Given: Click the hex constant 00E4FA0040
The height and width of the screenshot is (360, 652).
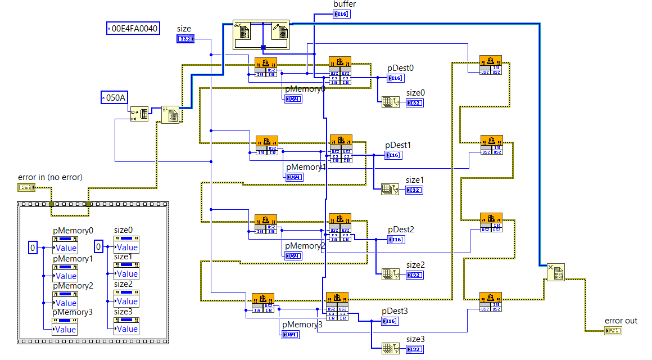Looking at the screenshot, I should tap(133, 28).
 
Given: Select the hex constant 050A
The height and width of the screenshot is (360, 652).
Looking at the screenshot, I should tap(114, 97).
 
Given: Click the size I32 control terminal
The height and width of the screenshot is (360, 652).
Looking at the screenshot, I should tap(185, 39).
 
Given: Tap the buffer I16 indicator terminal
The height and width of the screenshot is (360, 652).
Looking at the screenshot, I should tap(342, 13).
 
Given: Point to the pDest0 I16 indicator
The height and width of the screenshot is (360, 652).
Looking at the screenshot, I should tap(396, 78).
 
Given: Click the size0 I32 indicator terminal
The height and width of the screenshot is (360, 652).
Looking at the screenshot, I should tap(414, 103).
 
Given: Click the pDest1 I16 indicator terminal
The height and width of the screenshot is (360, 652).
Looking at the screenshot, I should tap(393, 155).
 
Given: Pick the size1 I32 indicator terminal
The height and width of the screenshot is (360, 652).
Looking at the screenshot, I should tap(414, 190).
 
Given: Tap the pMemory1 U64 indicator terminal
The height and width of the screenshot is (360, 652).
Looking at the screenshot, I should tap(293, 177).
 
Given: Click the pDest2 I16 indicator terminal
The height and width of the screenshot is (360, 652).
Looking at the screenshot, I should tap(396, 240).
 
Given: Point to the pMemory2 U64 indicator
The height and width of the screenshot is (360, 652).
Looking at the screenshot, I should tap(293, 256).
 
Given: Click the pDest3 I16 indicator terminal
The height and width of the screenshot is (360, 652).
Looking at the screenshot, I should tap(390, 321).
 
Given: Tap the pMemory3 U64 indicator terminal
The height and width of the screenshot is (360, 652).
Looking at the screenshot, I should tap(291, 335).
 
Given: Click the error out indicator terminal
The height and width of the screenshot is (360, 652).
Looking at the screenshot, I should tap(613, 330).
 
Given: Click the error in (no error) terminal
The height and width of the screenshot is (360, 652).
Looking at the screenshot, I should tap(26, 187).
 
